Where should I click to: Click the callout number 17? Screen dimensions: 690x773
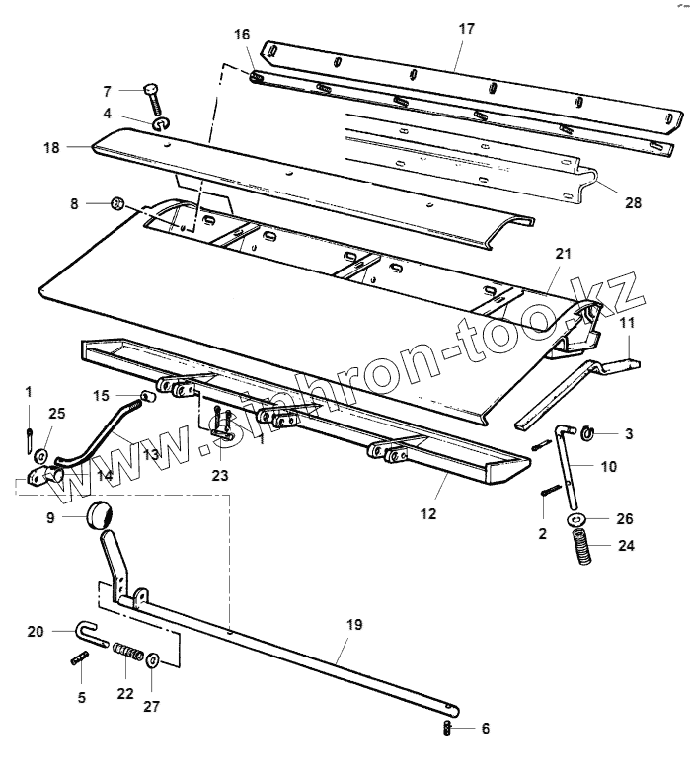click(466, 29)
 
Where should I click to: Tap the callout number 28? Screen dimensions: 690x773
click(632, 203)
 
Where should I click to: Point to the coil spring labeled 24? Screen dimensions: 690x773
click(582, 547)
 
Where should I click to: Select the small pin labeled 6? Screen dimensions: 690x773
click(446, 730)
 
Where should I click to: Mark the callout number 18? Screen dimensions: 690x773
click(52, 147)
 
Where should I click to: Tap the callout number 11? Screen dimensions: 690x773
click(628, 323)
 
